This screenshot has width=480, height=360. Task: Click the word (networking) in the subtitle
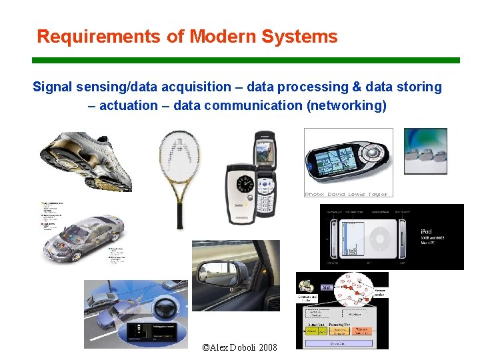coord(347,105)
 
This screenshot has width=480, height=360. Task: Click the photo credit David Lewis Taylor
coord(346,194)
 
